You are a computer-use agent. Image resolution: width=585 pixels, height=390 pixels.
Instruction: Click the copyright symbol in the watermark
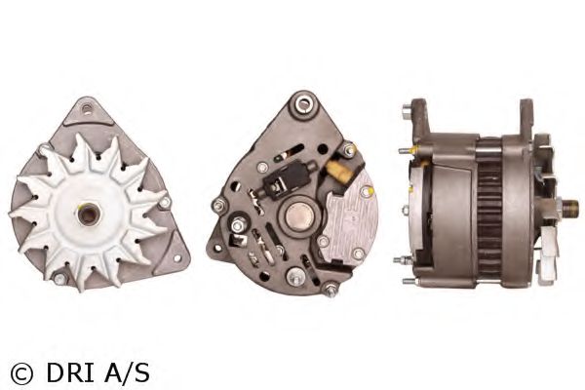22,373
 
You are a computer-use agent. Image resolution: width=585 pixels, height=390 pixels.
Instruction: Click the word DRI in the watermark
70,372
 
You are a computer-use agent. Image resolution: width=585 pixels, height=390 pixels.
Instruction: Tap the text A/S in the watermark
127,372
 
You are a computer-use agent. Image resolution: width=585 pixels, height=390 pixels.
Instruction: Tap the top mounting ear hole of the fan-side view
87,109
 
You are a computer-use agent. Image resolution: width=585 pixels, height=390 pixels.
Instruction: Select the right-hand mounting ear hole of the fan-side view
177,257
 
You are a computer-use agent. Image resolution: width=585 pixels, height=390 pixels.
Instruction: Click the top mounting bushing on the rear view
305,102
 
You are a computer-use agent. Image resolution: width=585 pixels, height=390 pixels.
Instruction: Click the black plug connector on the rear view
287,179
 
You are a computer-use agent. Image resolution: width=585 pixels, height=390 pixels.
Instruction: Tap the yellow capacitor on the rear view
339,172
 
